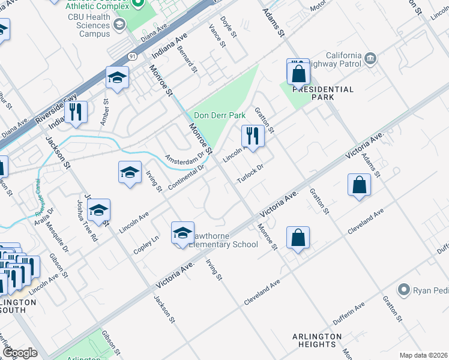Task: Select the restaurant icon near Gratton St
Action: click(x=253, y=136)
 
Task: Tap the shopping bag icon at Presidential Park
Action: click(x=298, y=74)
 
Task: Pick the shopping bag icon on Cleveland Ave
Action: click(x=298, y=238)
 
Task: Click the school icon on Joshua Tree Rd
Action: click(x=99, y=210)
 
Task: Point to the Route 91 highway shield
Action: click(x=131, y=54)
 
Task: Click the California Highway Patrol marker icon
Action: click(x=371, y=58)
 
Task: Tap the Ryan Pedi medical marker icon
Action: click(x=405, y=290)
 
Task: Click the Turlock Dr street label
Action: click(x=250, y=174)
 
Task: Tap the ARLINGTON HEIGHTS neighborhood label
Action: click(x=313, y=341)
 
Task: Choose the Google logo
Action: click(x=19, y=353)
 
